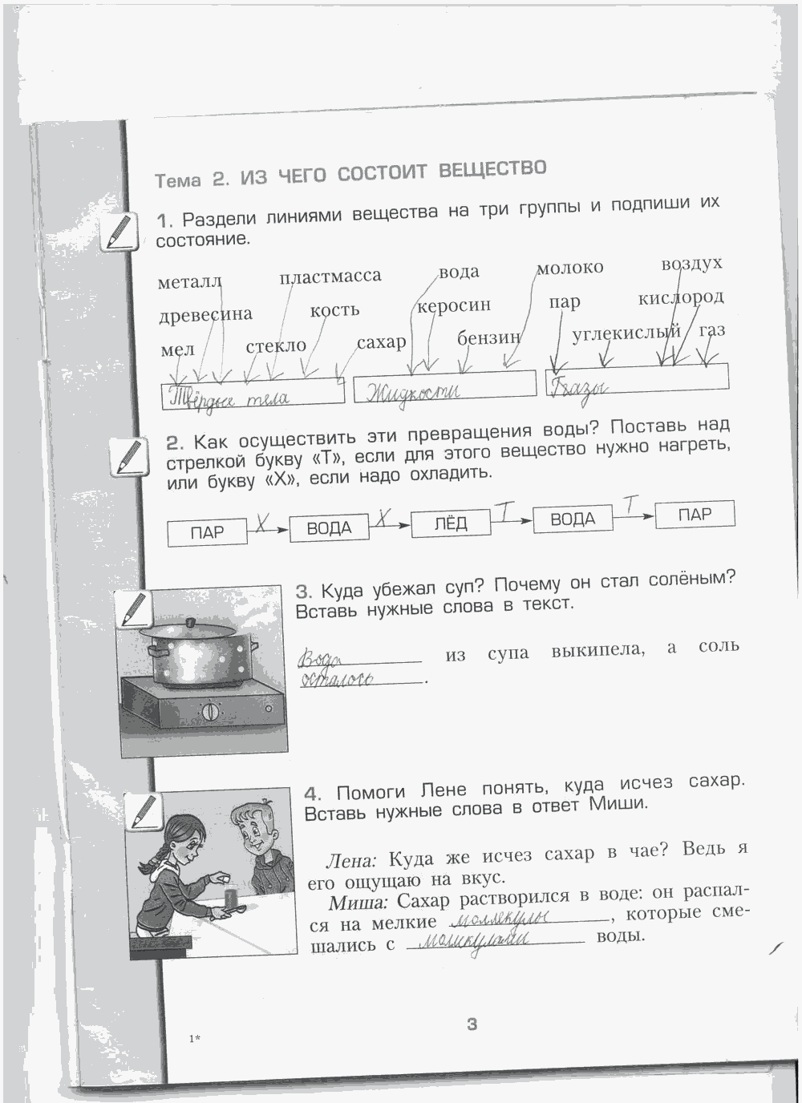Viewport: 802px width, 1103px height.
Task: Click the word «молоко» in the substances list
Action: (x=569, y=268)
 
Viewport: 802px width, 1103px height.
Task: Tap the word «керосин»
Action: (x=454, y=305)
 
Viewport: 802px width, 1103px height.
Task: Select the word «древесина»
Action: (x=205, y=314)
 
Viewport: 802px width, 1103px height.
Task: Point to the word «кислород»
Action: (x=681, y=298)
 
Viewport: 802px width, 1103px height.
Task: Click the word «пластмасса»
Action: (x=330, y=277)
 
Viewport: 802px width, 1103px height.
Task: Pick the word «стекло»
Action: (x=276, y=346)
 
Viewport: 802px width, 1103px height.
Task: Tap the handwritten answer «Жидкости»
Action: (x=413, y=391)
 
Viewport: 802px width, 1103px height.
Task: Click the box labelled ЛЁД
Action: (x=450, y=523)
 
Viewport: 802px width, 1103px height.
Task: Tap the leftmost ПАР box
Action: (x=207, y=532)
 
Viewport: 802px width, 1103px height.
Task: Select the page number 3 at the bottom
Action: (x=472, y=1024)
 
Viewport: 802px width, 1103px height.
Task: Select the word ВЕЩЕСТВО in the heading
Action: (x=492, y=170)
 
